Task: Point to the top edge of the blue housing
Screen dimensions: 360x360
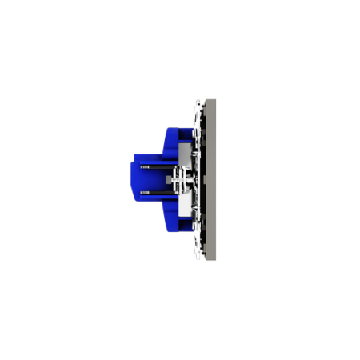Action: click(x=172, y=122)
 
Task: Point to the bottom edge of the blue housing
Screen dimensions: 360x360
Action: click(x=172, y=238)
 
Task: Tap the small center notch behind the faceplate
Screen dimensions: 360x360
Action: click(x=202, y=180)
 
